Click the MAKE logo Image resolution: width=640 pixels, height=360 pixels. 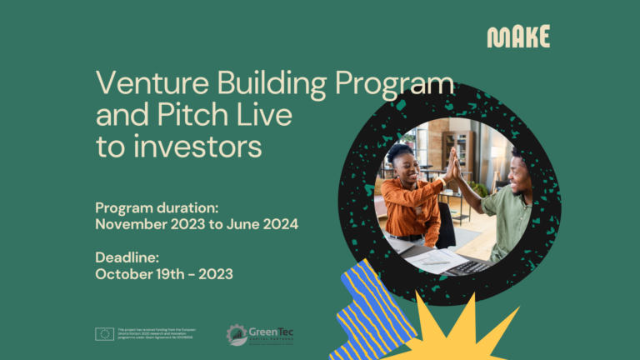click(x=518, y=37)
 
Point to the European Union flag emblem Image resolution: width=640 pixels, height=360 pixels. click(x=104, y=334)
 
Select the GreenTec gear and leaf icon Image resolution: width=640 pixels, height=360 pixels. click(x=237, y=335)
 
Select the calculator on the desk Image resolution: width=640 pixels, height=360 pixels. click(x=467, y=267)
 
